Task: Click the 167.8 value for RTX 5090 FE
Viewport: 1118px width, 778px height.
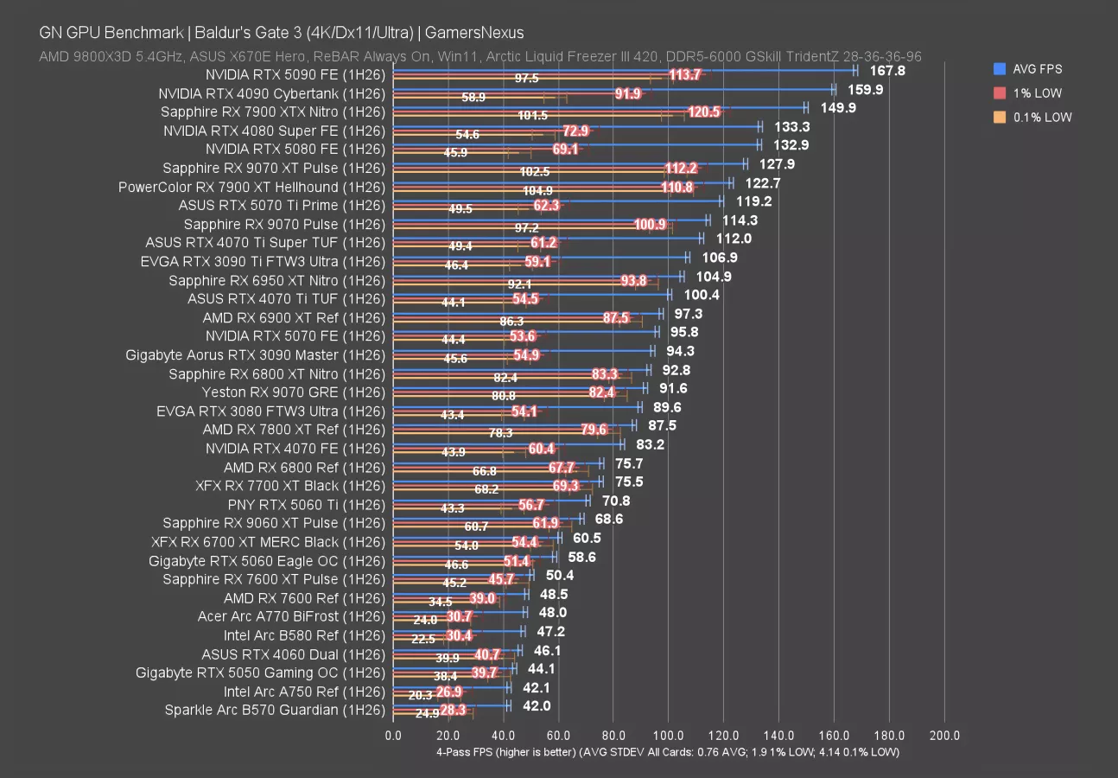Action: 887,71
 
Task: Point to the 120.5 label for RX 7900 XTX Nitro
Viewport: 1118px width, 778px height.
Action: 704,112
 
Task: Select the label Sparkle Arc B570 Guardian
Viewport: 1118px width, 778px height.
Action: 275,711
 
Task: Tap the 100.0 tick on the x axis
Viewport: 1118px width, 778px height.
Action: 668,736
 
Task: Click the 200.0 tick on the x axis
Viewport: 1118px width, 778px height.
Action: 944,736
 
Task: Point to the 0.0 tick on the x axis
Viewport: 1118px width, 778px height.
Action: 392,736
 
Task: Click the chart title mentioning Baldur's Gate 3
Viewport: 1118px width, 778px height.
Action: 282,33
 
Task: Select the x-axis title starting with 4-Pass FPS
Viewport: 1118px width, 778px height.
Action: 667,752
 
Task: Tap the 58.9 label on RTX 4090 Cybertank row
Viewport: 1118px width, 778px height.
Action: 473,98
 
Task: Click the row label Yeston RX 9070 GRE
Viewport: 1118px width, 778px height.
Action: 293,392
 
